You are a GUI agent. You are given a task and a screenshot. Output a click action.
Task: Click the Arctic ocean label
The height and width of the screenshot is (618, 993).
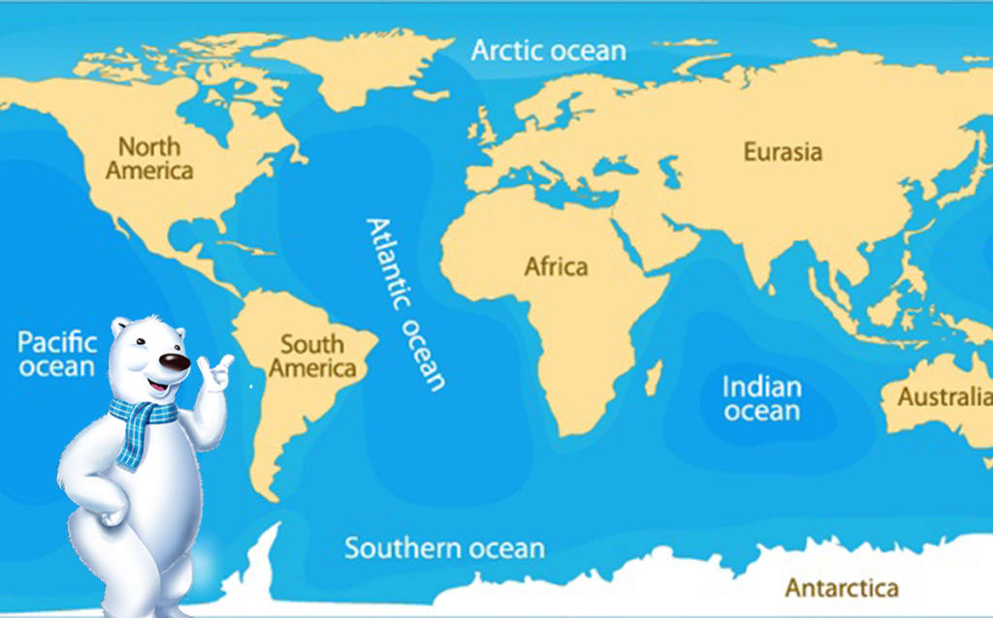[x=549, y=50]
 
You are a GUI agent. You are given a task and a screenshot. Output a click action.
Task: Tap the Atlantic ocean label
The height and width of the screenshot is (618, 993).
[x=405, y=303]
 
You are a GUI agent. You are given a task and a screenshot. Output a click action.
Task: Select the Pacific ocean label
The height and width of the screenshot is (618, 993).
[x=58, y=355]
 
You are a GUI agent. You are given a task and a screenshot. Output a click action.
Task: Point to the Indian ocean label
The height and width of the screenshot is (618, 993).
[x=762, y=399]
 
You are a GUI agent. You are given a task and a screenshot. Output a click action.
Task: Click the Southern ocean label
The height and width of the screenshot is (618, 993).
[x=444, y=548]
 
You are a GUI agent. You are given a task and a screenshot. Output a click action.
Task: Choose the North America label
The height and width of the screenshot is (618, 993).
[x=149, y=159]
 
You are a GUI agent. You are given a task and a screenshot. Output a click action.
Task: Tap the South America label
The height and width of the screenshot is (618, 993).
[x=312, y=356]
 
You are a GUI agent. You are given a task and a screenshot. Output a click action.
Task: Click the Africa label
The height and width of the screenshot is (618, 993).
[x=556, y=266]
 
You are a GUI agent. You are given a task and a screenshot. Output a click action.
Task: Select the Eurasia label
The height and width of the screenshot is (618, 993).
[x=783, y=152]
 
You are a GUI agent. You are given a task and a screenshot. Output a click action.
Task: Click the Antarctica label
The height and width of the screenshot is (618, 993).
[x=841, y=587]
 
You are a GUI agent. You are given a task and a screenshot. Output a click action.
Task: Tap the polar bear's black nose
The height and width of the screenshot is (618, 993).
[x=175, y=363]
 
